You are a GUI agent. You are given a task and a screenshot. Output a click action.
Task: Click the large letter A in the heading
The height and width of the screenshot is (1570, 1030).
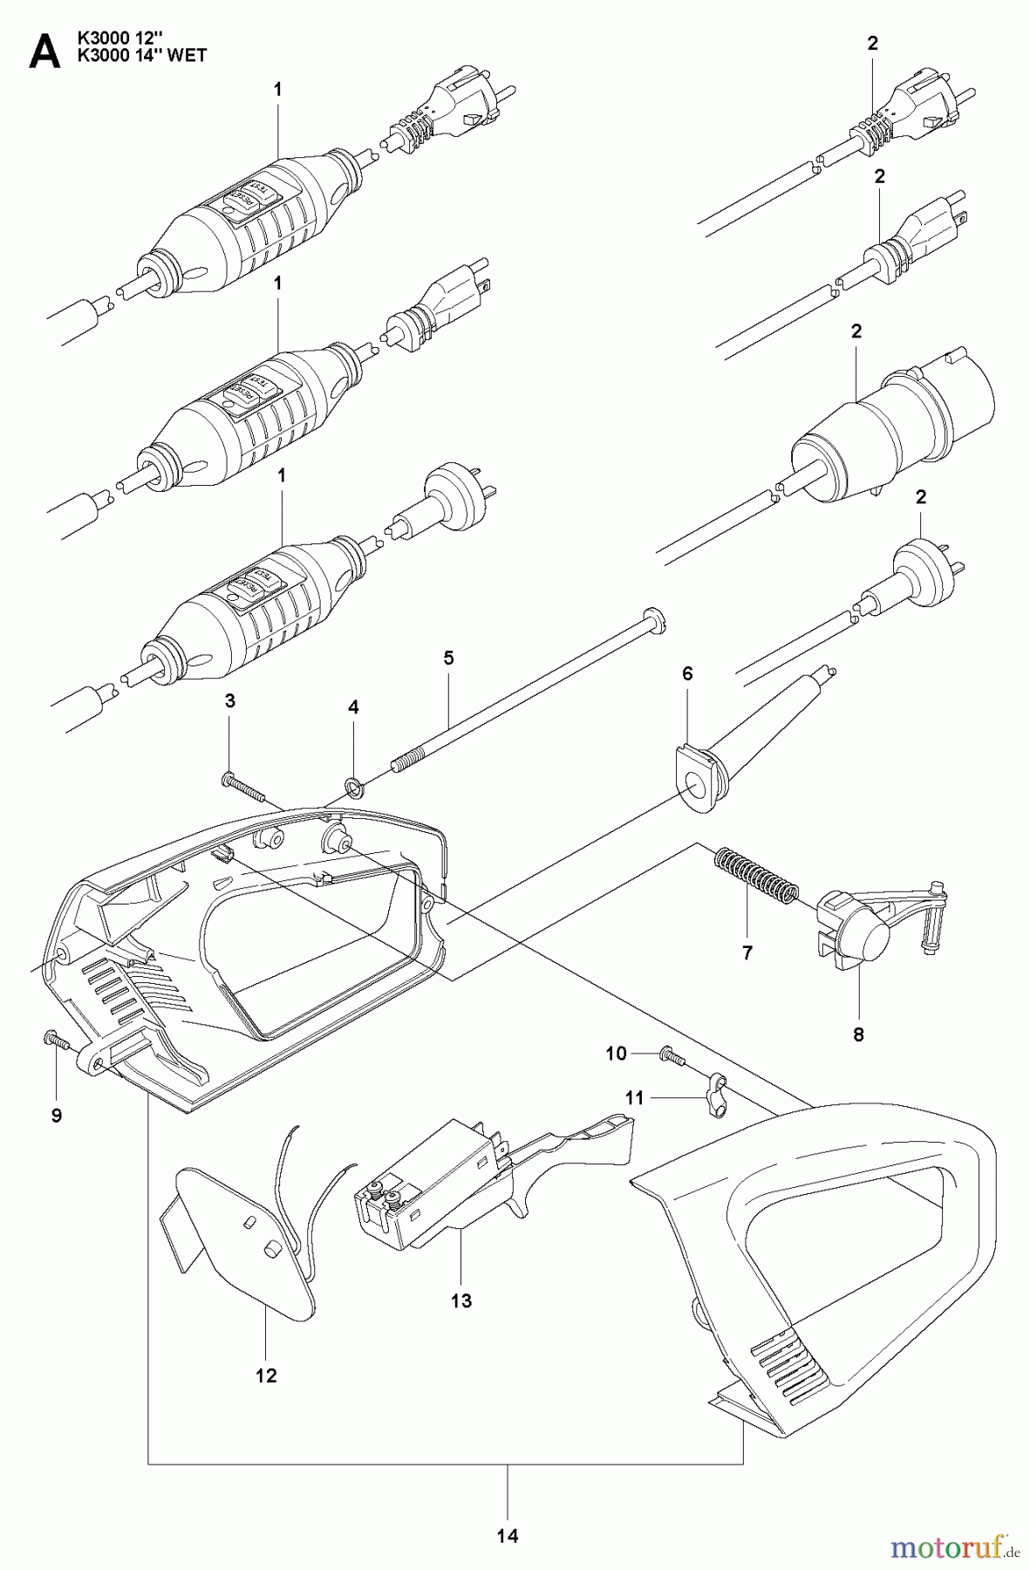coord(44,51)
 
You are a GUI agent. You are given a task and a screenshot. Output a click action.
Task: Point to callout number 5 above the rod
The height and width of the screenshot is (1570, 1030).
coord(448,659)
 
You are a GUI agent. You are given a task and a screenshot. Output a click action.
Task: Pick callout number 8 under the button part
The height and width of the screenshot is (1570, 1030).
coord(858,1035)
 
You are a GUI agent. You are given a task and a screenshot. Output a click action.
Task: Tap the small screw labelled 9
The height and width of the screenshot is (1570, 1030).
coord(51,1039)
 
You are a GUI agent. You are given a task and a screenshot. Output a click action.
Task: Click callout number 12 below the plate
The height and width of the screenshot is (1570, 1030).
coord(266,1375)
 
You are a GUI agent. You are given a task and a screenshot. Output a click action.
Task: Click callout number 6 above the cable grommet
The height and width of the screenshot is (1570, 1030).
coord(687,674)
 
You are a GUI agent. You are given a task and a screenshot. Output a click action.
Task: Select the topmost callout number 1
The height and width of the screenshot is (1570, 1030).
coord(277,88)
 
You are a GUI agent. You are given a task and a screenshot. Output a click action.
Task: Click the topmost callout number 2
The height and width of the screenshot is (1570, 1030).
coord(873,44)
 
